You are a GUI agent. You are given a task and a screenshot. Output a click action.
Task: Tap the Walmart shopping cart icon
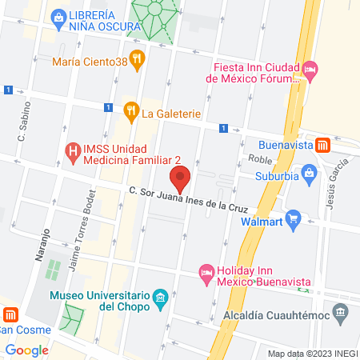tap(293, 217)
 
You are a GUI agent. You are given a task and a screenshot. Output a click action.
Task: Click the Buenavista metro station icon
tap(323, 145)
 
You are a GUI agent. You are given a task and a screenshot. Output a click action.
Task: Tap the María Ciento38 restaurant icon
tap(138, 58)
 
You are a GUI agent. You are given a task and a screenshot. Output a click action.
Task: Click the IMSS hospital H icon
tap(73, 150)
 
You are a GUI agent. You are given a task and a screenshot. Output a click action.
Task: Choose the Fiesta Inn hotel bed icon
tap(311, 74)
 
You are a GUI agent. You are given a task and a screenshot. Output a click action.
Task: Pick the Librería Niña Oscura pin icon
tap(58, 17)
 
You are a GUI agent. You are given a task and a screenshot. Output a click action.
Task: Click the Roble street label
tap(261, 158)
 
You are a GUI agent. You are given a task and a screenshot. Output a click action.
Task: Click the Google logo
tap(26, 350)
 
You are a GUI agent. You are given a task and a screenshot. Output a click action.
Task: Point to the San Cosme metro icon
tap(10, 314)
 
